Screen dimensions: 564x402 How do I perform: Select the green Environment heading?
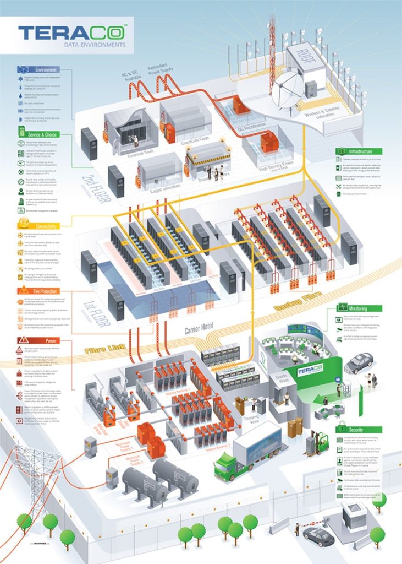pyautogui.click(x=47, y=70)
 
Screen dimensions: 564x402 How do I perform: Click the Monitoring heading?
pyautogui.click(x=358, y=309)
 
